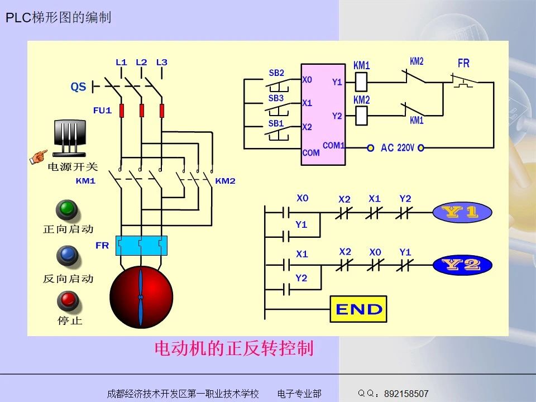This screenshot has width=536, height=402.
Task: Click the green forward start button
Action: [x=67, y=209]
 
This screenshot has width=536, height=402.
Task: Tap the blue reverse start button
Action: [x=67, y=256]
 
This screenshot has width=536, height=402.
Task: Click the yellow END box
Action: [x=358, y=309]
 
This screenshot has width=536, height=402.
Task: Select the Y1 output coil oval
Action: [x=462, y=212]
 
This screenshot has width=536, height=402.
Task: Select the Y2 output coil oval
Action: [x=462, y=265]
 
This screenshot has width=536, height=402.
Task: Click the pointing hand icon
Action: [x=39, y=156]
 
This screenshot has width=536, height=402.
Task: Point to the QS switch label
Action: [x=78, y=87]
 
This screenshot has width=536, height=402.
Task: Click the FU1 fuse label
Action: [x=102, y=111]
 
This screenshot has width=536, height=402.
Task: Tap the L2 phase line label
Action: [x=141, y=62]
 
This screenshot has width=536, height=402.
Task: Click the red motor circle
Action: [x=141, y=297]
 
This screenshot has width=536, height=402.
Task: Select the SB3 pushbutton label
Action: [x=276, y=98]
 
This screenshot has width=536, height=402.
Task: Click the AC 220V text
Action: [x=397, y=148]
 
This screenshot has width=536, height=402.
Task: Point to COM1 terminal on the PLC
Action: [x=333, y=146]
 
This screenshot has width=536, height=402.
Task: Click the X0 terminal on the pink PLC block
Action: [x=307, y=80]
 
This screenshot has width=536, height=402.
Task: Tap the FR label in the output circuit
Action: [x=463, y=64]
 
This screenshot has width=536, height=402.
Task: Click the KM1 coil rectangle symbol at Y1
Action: [x=361, y=83]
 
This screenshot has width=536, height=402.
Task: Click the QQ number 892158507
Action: [x=406, y=394]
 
